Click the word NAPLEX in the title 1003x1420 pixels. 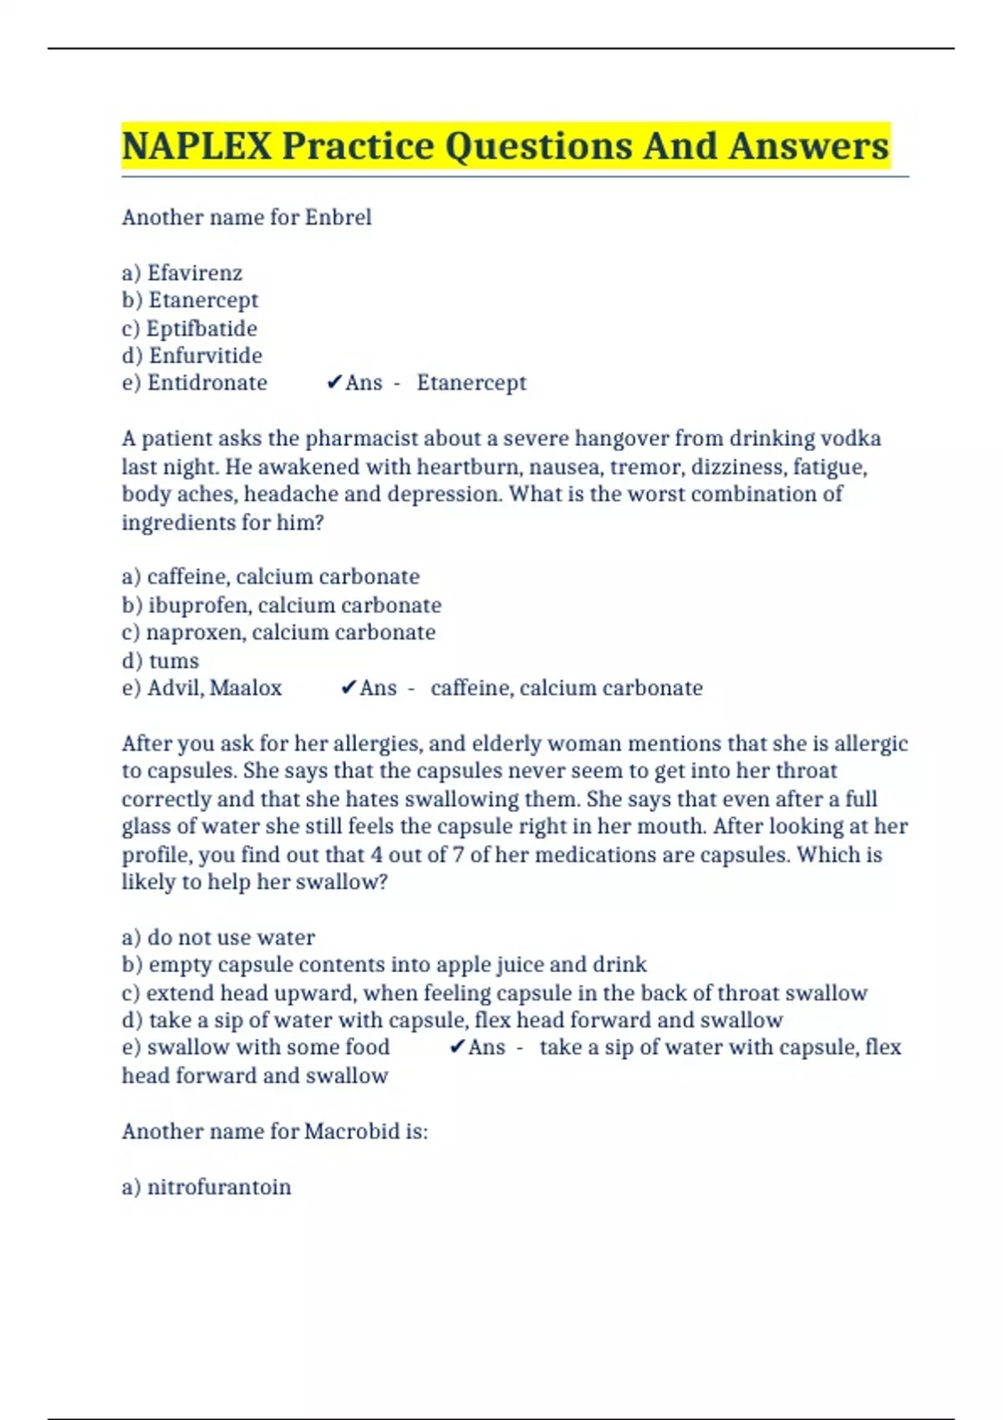196,146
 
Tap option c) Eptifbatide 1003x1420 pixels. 189,328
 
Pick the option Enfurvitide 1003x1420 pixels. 191,356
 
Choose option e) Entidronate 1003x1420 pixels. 194,383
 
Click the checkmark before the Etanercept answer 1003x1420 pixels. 333,383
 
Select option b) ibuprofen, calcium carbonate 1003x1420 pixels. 281,605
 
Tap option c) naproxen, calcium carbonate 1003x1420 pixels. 277,632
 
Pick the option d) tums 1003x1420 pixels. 160,661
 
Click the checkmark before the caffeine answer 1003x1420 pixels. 349,688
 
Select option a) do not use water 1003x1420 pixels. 218,937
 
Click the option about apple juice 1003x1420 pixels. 384,965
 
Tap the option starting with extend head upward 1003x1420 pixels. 494,993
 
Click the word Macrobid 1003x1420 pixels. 351,1132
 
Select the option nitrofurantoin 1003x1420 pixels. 206,1187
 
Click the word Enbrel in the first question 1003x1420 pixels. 338,218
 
